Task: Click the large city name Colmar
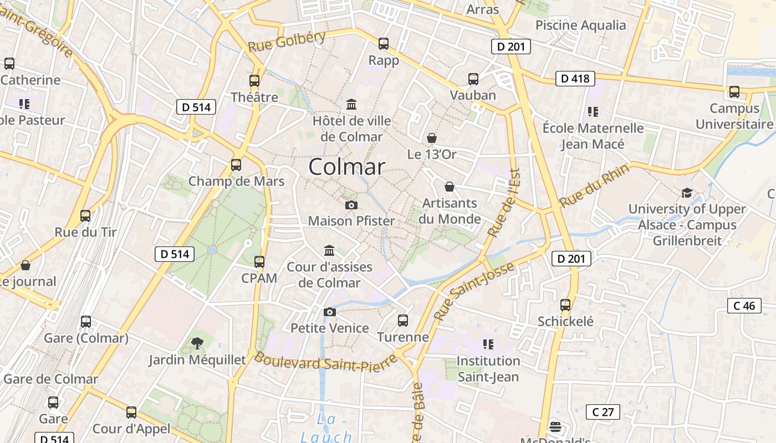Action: [x=346, y=167]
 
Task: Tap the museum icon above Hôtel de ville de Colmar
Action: [x=351, y=104]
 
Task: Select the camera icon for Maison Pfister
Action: [x=351, y=205]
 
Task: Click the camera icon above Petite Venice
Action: [x=330, y=312]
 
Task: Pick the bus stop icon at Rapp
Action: [x=383, y=44]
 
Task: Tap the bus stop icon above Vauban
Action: [x=473, y=79]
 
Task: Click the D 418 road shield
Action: [x=575, y=79]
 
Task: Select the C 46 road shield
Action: [x=744, y=306]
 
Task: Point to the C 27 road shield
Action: [x=603, y=412]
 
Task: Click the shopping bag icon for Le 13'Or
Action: [x=432, y=138]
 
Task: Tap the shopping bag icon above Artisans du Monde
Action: [x=450, y=187]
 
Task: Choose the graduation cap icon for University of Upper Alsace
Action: [x=687, y=193]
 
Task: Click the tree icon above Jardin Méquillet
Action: [x=197, y=343]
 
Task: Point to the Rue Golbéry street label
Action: [x=287, y=42]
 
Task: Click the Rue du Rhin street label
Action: [x=594, y=186]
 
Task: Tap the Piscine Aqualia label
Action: [x=580, y=25]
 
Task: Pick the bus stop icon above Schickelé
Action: [x=565, y=305]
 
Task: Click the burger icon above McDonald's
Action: [x=555, y=427]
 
